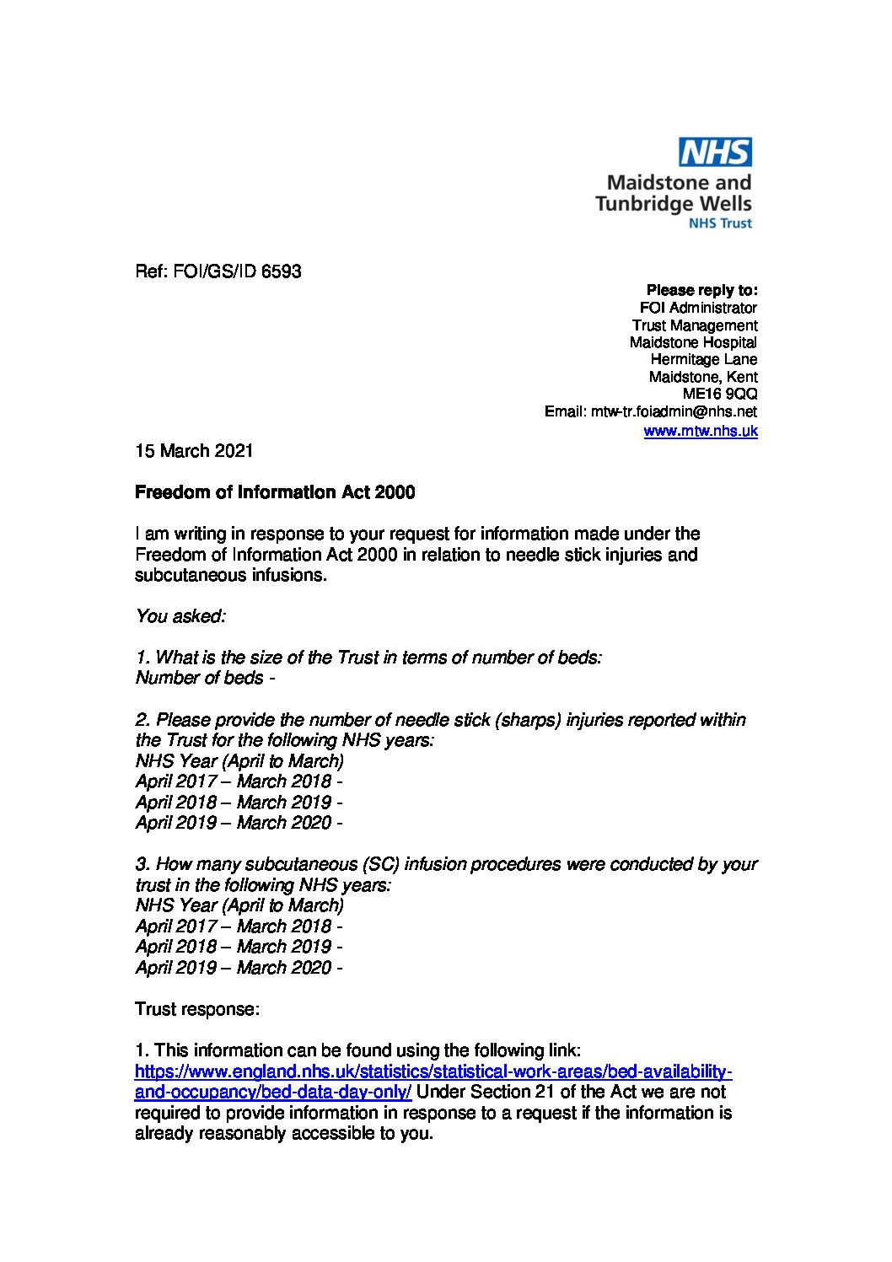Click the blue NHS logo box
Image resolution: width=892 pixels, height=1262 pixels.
click(716, 153)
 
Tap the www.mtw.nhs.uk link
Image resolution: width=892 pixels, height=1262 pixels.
click(700, 431)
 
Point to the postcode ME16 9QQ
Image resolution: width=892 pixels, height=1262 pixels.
click(720, 394)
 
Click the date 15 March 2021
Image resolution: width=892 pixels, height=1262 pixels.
click(194, 451)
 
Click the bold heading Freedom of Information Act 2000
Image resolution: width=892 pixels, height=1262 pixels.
click(275, 492)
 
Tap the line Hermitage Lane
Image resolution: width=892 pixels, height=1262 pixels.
click(703, 359)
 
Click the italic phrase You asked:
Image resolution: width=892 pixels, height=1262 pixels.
click(180, 616)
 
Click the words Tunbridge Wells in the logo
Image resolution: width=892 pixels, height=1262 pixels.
click(673, 203)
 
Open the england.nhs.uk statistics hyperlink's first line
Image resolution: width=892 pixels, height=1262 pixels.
click(433, 1071)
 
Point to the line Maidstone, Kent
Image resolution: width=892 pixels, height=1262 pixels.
click(702, 377)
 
